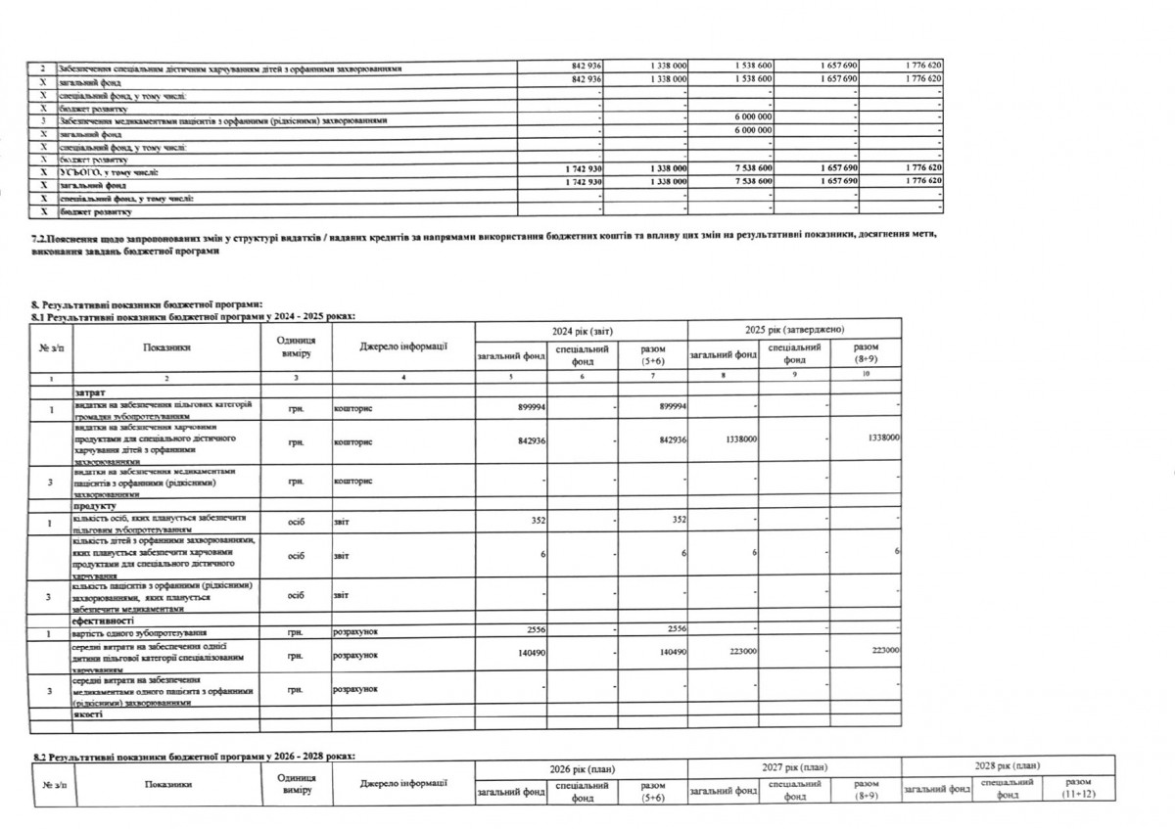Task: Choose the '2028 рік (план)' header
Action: pos(1008,766)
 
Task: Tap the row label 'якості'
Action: pos(88,714)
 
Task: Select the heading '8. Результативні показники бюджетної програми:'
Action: pos(147,306)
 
